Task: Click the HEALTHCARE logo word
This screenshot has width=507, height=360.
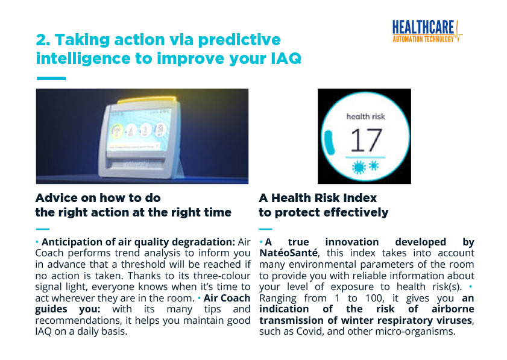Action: coord(423,27)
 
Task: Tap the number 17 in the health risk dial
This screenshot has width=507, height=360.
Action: coord(366,140)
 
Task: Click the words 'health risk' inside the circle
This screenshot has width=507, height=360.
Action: coord(366,116)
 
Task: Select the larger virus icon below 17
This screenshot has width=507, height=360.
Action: coord(359,168)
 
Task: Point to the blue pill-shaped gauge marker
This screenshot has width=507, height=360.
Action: coord(330,142)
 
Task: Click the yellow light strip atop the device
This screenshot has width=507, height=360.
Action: coord(147,99)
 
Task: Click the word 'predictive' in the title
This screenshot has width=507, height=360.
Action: coord(239,40)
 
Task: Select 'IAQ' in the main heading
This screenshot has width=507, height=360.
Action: coord(285,58)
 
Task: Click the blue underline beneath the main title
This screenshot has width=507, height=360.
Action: coord(51,78)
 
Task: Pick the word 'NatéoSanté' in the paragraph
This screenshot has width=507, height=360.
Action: coord(288,253)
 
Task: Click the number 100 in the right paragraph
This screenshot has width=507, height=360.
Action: coord(374,297)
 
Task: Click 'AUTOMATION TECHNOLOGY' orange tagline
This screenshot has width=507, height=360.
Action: coord(423,39)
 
